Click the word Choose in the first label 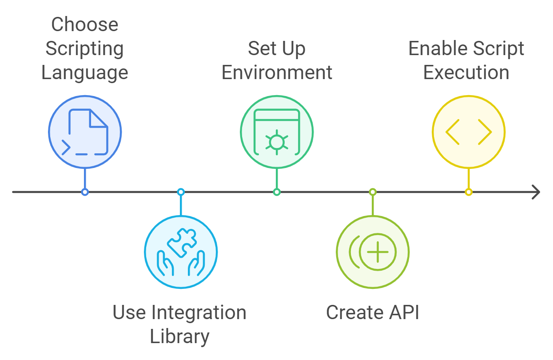coord(84,24)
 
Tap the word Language coord(84,72)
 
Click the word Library coord(179,336)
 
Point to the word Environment coord(277,72)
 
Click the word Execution coord(466,72)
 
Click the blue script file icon coord(85,132)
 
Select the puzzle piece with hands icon coord(181,252)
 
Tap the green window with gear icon coord(277,132)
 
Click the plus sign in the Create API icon coord(377,252)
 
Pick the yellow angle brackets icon coord(469,132)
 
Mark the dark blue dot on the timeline coord(85,192)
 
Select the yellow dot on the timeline coord(469,192)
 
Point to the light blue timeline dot coord(181,192)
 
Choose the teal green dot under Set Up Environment coord(277,192)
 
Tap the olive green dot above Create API coord(373,192)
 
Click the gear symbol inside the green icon coord(277,142)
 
